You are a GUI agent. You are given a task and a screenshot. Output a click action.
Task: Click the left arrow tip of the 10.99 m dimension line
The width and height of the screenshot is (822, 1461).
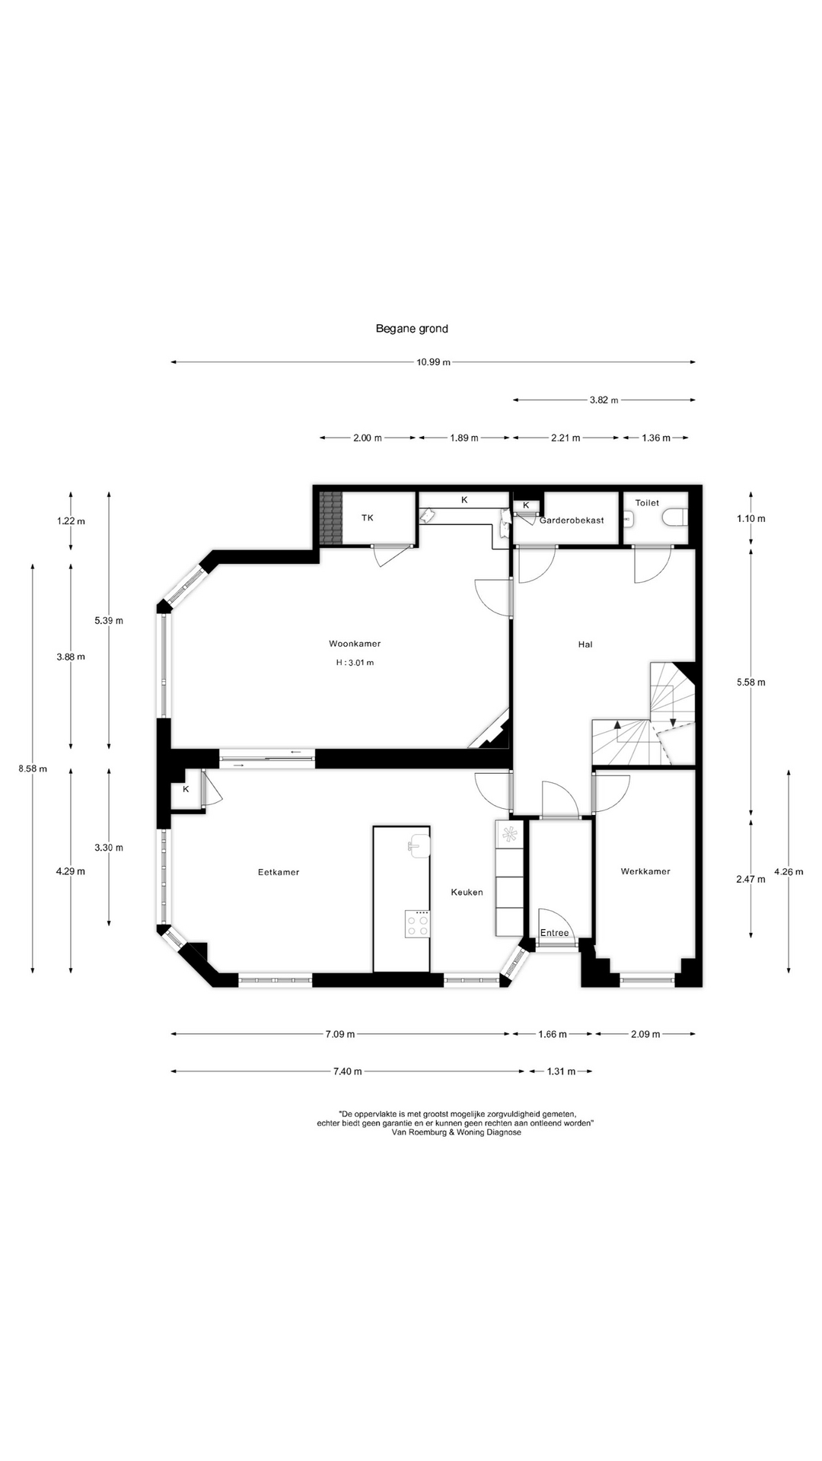point(171,362)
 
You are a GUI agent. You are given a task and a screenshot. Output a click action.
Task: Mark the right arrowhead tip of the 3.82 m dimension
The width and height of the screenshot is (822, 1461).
point(695,399)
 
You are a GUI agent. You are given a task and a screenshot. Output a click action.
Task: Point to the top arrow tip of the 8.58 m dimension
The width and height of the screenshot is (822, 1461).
point(33,564)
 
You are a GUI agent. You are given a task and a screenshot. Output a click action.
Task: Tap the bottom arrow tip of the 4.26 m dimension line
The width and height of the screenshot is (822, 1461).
point(789,972)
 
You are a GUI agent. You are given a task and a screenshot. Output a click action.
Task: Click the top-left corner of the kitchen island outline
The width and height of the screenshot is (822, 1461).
point(373,826)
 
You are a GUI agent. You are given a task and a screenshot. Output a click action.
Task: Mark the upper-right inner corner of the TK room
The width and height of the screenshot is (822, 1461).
point(416,493)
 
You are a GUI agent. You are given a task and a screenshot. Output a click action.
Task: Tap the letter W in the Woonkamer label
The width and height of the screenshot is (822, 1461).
point(333,644)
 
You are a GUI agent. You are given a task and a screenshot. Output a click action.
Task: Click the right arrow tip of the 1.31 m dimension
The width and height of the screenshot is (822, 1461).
point(592,1071)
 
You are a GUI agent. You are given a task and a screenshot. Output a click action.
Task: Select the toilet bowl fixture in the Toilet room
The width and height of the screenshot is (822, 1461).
point(674,518)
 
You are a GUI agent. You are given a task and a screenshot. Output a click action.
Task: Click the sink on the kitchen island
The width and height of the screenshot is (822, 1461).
point(419,845)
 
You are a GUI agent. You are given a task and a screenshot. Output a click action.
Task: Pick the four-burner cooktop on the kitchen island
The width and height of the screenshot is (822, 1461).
point(417,924)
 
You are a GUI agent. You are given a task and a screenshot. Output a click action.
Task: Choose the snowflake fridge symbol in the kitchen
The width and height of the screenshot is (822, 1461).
point(509,833)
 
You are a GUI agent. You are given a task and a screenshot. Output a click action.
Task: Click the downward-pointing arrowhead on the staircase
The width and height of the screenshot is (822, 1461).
point(673,722)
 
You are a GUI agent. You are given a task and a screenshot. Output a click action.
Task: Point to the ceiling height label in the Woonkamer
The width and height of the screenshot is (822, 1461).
point(355,663)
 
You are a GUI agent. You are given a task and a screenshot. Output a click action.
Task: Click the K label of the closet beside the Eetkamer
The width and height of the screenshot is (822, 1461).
point(186,789)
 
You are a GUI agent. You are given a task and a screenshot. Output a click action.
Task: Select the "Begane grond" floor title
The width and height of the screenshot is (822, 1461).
point(412,329)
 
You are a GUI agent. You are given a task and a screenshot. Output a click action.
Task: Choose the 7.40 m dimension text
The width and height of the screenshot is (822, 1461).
point(348,1071)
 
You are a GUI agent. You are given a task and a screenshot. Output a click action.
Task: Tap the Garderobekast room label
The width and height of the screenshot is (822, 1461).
point(572,520)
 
